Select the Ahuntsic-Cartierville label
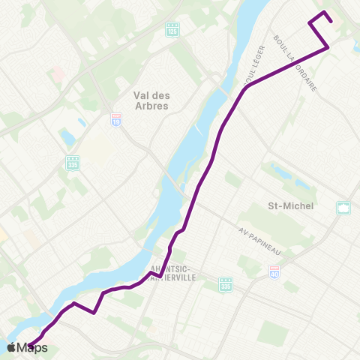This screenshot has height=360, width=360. (172, 272)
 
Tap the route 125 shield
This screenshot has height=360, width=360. (172, 29)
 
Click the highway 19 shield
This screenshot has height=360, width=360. (115, 120)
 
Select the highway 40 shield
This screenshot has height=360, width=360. (274, 274)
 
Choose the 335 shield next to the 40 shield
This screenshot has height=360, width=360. (226, 283)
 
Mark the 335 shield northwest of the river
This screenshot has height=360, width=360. (73, 162)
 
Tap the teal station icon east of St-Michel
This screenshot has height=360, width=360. (343, 208)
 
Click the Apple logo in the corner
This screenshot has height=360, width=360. (12, 347)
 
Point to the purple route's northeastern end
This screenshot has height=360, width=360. (309, 24)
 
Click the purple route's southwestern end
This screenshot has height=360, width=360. (30, 345)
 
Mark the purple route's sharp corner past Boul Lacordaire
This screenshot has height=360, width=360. (328, 48)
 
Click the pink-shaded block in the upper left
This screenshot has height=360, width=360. (56, 75)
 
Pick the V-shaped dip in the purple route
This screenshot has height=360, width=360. (94, 313)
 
